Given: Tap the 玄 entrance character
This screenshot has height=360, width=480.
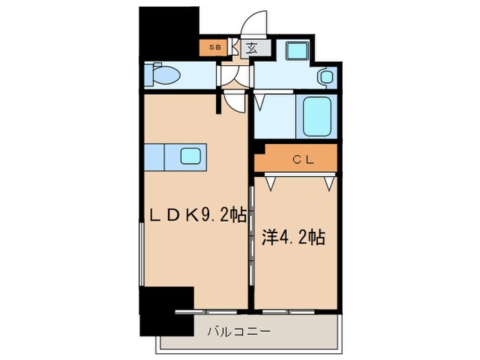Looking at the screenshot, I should tap(252, 49).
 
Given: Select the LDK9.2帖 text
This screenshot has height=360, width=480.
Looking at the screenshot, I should tap(193, 214).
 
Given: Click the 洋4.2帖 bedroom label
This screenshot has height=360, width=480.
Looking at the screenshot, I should tap(293, 238).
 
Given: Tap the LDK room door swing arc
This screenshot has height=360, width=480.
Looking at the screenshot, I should tap(235, 102).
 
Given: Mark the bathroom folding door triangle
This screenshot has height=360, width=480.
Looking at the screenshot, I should tap(261, 104).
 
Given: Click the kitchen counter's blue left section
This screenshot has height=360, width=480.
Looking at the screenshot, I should tap(155, 156).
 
